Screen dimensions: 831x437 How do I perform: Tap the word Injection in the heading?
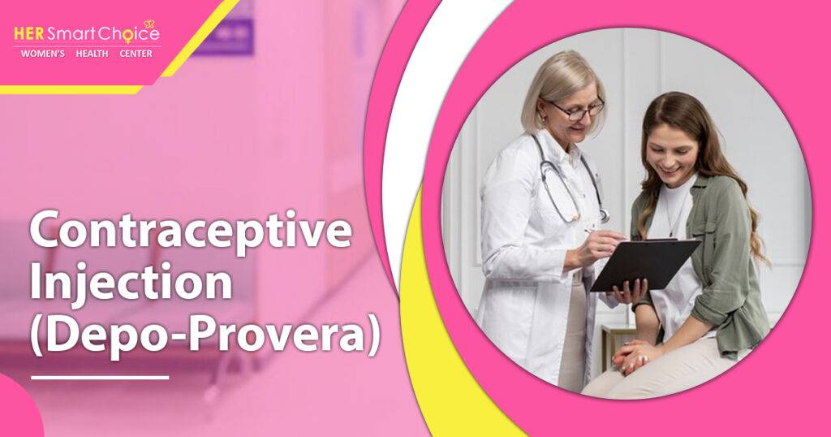click(x=131, y=283)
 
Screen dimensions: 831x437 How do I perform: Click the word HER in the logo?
click(x=29, y=34)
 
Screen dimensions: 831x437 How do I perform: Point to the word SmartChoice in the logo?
click(x=103, y=34)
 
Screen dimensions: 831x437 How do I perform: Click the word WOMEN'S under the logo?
click(x=43, y=54)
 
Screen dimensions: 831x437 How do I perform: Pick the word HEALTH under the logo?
click(x=92, y=54)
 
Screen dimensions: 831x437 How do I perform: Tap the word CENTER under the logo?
click(x=136, y=54)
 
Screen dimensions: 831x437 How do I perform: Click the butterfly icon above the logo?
click(x=149, y=24)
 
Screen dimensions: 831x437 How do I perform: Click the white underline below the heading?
click(x=100, y=378)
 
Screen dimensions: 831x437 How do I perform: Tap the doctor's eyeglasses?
click(x=578, y=109)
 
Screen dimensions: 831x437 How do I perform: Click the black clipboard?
click(x=645, y=264)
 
